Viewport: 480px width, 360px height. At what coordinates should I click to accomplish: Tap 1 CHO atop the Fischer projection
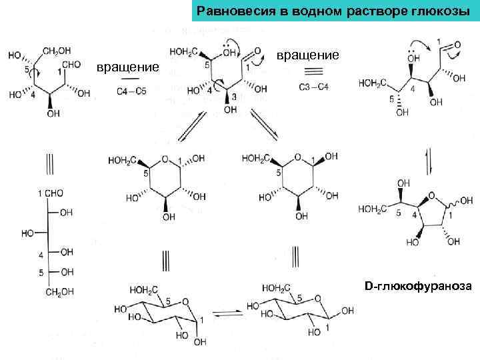click(51, 193)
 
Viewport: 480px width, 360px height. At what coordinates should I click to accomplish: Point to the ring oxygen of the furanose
click(432, 195)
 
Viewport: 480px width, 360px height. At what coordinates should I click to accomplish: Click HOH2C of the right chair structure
click(277, 289)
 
